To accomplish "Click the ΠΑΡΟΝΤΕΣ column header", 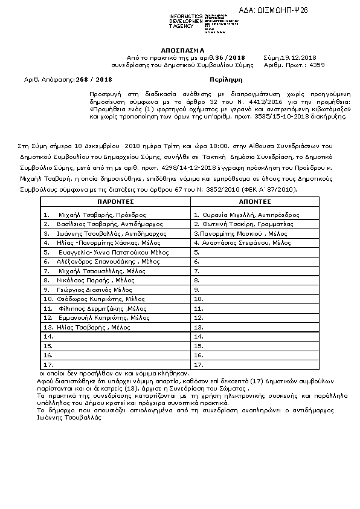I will [x=115, y=203].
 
